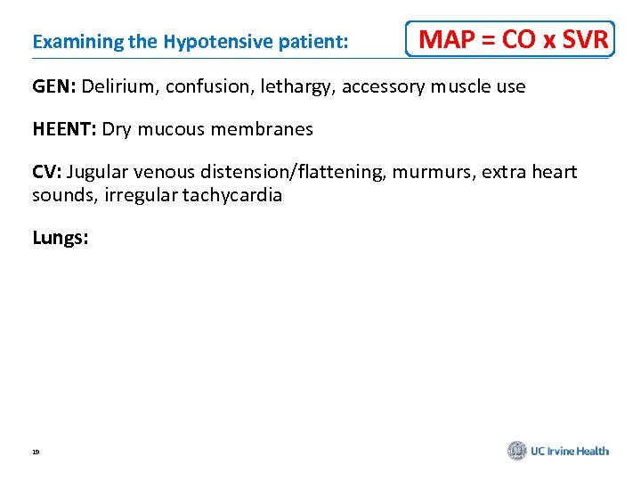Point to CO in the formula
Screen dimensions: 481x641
[x=518, y=40]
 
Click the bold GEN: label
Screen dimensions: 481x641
[x=55, y=86]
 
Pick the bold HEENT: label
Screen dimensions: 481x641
[x=64, y=129]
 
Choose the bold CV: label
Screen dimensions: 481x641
[x=46, y=172]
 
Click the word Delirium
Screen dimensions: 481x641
[x=120, y=86]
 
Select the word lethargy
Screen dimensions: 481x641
[x=278, y=87]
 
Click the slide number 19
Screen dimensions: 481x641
[x=36, y=452]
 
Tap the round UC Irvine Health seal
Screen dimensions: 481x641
[x=517, y=451]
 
